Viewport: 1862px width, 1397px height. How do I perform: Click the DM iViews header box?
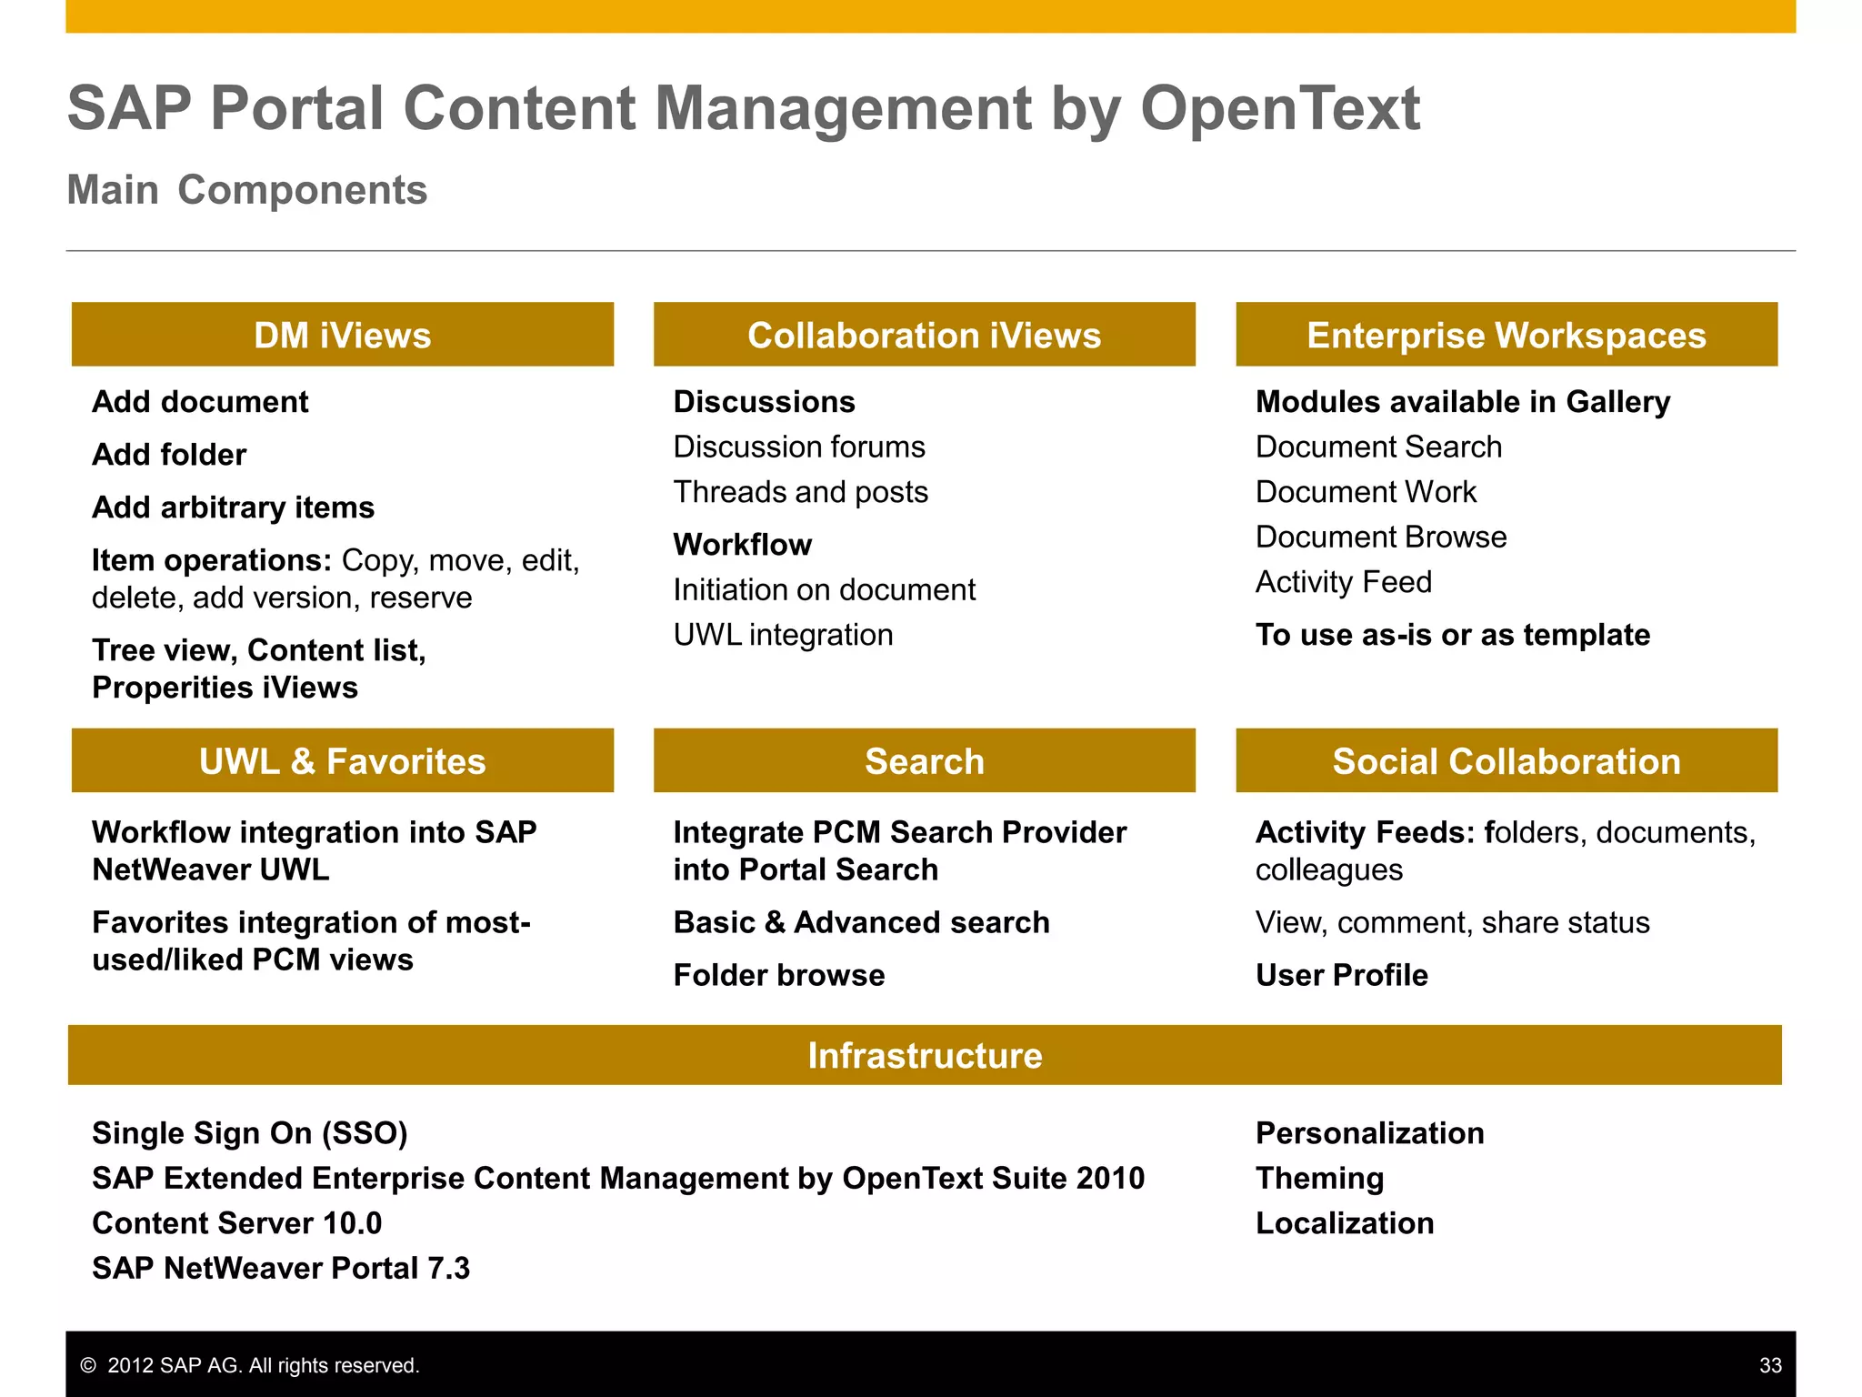pos(343,335)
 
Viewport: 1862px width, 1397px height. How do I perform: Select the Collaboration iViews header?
pos(924,335)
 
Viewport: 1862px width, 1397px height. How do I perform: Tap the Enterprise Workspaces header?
pos(1506,335)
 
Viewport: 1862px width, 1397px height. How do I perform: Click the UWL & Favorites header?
pos(343,760)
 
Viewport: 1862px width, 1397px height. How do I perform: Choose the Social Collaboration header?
pos(1506,760)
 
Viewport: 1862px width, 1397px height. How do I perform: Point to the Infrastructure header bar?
pos(924,1055)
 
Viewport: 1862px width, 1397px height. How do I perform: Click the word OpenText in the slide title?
pos(1279,108)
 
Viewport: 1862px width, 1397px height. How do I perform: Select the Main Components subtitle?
pos(247,190)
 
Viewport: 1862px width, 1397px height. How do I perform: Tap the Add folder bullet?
pos(169,455)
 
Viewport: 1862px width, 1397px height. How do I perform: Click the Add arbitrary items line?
pos(233,508)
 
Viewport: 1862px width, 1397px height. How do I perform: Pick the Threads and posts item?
pos(800,492)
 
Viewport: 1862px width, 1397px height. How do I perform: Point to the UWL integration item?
pos(783,635)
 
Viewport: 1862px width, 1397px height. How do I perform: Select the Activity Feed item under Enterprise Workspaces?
pos(1343,582)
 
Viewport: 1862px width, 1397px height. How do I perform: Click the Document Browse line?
pos(1380,538)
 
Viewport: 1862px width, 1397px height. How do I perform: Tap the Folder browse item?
pos(779,975)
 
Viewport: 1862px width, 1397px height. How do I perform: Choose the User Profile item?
pos(1341,975)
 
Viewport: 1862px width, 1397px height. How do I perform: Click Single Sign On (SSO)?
pos(250,1133)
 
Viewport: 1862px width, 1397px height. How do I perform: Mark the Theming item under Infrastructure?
pos(1319,1179)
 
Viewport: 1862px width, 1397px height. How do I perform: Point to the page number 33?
pos(1770,1365)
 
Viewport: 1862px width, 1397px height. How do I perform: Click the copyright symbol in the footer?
pos(88,1365)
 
